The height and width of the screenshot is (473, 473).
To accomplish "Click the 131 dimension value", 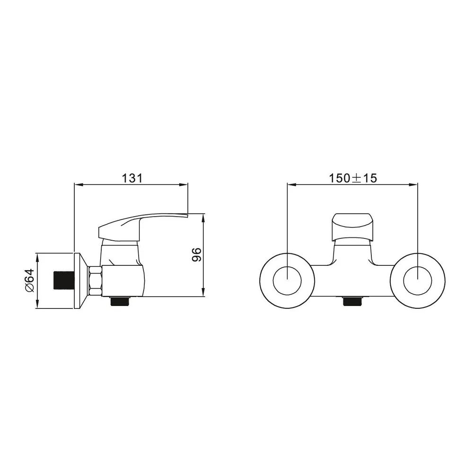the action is (x=132, y=178).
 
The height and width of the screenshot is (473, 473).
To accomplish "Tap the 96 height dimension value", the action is (x=196, y=254).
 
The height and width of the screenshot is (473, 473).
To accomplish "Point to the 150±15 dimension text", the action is (x=353, y=178).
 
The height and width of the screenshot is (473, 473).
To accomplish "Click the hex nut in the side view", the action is (x=95, y=280).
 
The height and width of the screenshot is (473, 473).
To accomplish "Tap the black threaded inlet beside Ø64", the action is (x=64, y=280).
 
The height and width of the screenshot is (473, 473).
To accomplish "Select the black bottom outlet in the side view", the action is (x=121, y=301).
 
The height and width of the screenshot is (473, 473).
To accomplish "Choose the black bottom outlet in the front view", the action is (x=352, y=301).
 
